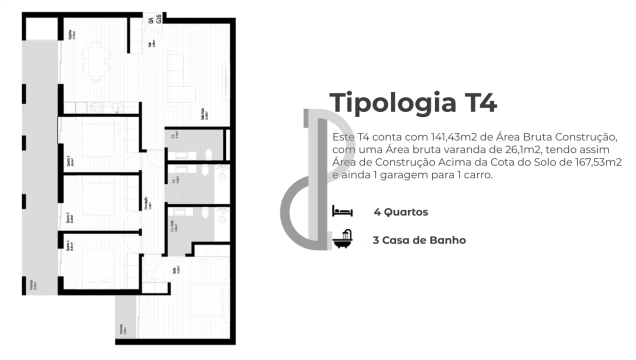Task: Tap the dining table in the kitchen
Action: pos(96,60)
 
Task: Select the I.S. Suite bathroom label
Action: pos(173,230)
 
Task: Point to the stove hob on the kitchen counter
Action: pos(97,107)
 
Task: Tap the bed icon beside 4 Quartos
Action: pos(342,211)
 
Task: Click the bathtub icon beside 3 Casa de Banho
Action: pos(342,239)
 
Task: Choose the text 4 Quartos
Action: pos(400,212)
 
